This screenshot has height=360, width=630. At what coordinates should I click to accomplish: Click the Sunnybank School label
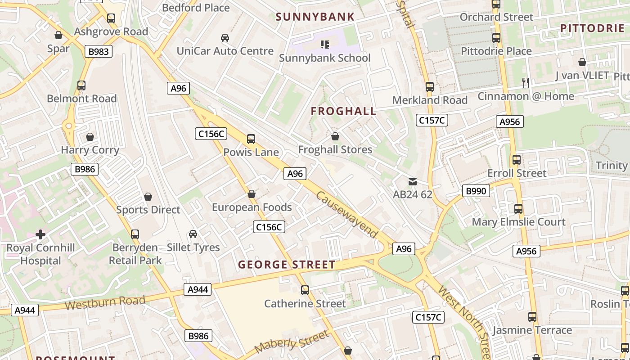(324, 58)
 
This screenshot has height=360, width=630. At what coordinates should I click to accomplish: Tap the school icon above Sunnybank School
(324, 44)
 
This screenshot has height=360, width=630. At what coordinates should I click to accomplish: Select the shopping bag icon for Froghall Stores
(335, 136)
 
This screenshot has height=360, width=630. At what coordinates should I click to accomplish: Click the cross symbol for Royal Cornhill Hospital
(40, 234)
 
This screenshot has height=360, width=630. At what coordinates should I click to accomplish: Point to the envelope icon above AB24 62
(412, 182)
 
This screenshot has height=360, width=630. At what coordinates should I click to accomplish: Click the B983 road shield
(98, 52)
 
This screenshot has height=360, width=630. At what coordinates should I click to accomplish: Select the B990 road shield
(476, 191)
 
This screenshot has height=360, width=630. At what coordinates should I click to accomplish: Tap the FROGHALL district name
(343, 111)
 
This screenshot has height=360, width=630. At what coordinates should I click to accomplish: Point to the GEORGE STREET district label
(287, 265)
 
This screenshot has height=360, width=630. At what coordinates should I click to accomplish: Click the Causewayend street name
(346, 214)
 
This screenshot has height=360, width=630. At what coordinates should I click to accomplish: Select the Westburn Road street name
(105, 302)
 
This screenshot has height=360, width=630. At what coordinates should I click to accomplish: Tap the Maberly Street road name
(292, 342)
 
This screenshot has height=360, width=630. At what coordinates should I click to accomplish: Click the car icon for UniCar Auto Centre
(225, 37)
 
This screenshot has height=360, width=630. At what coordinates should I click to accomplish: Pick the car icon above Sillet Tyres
(193, 234)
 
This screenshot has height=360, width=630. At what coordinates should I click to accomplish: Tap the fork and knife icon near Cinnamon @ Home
(525, 82)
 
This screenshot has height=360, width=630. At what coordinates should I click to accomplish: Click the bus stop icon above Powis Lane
(251, 139)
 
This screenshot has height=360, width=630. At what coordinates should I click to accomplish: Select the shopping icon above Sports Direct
(148, 197)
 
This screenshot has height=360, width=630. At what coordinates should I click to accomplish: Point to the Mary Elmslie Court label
(518, 222)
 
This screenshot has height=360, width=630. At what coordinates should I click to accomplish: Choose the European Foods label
(252, 207)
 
